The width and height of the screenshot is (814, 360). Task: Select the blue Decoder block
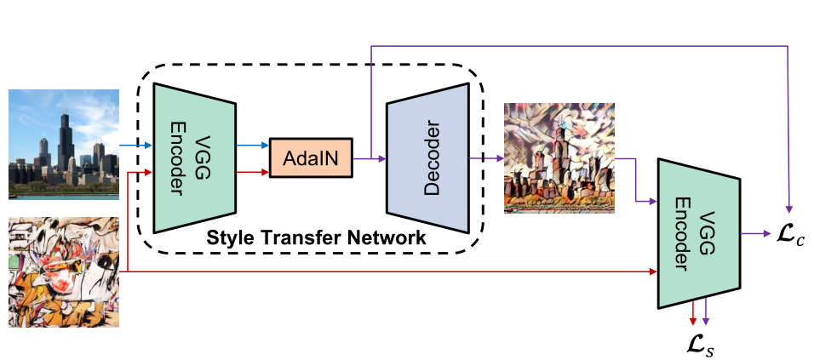(x=427, y=157)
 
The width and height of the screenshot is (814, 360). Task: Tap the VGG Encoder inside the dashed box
(x=195, y=157)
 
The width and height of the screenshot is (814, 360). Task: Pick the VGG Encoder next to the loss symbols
(x=699, y=231)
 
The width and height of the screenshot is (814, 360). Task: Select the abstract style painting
(x=63, y=272)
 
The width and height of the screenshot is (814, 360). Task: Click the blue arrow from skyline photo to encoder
(x=135, y=146)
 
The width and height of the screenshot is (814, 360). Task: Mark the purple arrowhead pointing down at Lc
(x=791, y=209)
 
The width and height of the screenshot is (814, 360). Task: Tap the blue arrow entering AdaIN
(x=253, y=146)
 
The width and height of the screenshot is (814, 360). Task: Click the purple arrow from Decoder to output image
(x=485, y=158)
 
